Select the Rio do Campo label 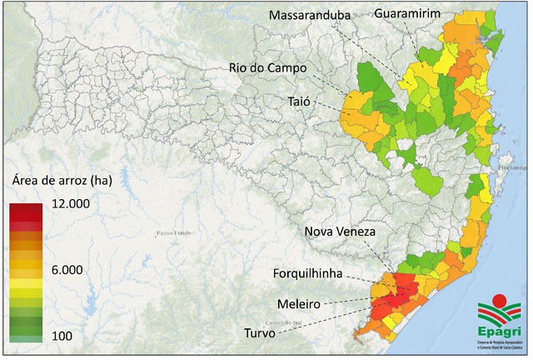point(280,67)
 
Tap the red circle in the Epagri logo point(500,299)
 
